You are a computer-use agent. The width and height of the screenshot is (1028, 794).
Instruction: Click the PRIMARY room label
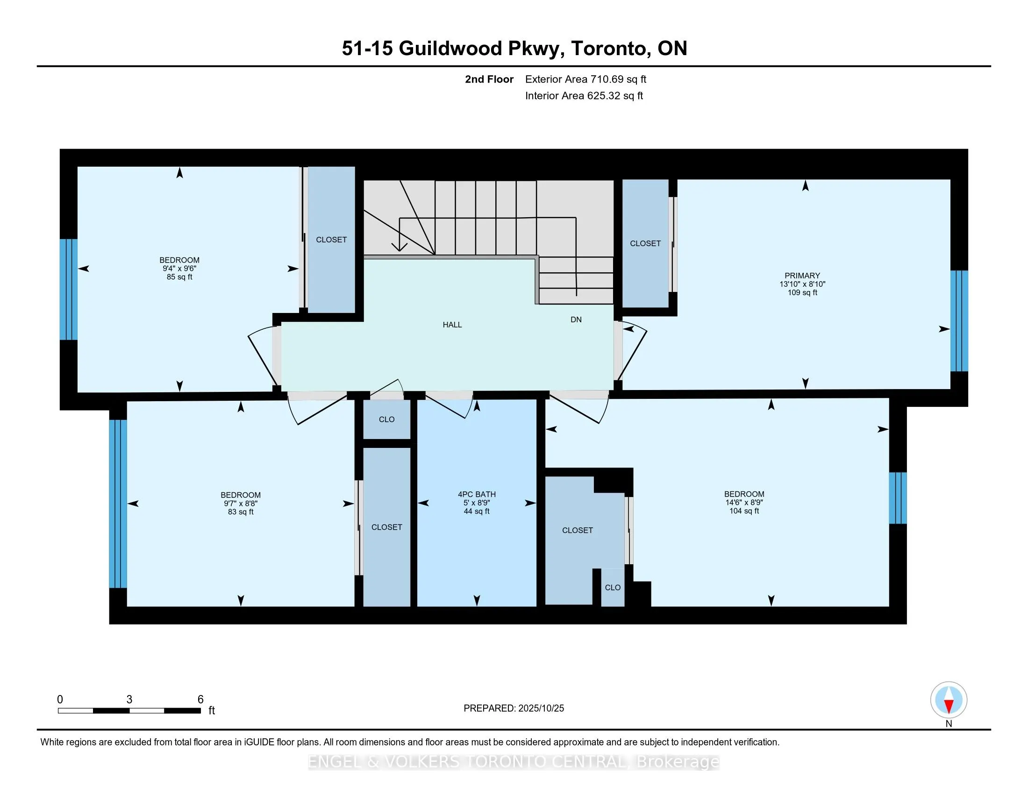802,276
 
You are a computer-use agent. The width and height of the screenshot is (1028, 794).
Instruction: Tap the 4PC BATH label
476,494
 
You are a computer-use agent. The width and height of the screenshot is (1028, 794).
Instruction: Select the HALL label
452,325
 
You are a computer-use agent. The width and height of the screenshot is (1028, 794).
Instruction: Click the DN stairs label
576,319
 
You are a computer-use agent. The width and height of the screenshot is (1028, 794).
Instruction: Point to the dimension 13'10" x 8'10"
802,284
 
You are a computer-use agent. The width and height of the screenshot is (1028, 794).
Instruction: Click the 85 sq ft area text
179,277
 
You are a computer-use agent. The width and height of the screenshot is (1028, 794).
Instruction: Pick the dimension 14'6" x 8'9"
744,503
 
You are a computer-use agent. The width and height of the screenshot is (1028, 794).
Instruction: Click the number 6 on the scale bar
200,700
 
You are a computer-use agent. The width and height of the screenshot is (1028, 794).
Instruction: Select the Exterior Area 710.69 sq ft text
585,79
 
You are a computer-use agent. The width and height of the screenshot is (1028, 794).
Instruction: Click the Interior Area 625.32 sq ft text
584,96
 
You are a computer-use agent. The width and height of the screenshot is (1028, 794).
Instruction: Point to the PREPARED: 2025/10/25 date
514,709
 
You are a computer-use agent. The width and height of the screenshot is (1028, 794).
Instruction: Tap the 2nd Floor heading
489,79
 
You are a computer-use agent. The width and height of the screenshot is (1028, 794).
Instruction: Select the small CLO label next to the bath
386,419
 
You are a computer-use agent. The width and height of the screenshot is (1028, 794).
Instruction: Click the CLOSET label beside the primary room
645,244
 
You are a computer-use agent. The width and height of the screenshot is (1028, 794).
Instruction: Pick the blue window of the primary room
959,321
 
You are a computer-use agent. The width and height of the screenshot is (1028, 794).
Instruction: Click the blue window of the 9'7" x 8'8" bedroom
118,504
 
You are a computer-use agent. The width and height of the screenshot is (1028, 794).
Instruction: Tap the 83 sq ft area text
241,512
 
